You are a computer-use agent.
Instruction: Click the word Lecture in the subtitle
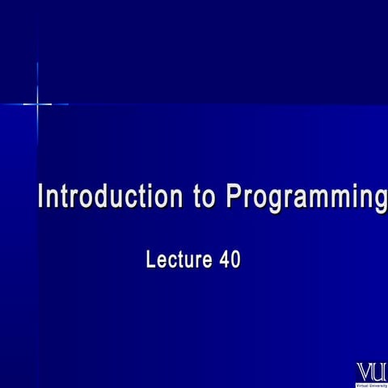178,260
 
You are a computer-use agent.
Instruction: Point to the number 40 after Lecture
230,260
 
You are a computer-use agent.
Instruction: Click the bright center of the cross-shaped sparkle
37,103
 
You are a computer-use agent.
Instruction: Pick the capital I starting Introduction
43,197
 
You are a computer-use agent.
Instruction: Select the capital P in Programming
234,197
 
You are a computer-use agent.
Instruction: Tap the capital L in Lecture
151,260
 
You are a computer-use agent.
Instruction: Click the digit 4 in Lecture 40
224,260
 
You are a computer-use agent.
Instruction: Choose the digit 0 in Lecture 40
235,260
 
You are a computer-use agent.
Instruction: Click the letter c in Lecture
172,262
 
